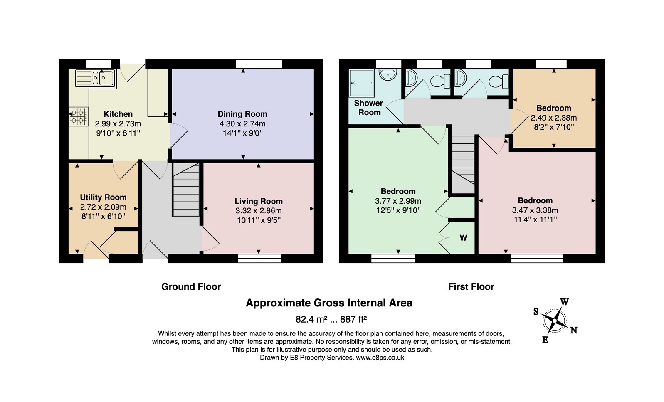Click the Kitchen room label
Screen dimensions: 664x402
click(118, 114)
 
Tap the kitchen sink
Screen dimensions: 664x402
click(96, 78)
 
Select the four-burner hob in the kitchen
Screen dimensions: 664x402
click(79, 116)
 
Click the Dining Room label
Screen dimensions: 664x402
click(242, 114)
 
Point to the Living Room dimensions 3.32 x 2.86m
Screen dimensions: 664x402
click(259, 211)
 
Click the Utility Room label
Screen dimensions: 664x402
click(103, 197)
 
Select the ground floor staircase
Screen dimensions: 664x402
click(186, 190)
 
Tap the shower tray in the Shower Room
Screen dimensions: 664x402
click(362, 83)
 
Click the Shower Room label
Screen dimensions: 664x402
click(369, 108)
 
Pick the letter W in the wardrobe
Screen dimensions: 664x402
click(463, 238)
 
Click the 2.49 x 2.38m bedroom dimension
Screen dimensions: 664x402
click(554, 118)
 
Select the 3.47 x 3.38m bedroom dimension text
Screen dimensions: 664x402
click(535, 210)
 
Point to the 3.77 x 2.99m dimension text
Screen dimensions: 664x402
click(398, 201)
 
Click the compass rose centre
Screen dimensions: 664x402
click(554, 321)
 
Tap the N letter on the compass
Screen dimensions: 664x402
click(574, 330)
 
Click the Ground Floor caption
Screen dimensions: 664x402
click(191, 287)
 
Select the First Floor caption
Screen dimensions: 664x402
click(471, 287)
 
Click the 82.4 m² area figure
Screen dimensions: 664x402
click(311, 319)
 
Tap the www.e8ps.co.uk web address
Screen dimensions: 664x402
click(380, 358)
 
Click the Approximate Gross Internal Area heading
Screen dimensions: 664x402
click(329, 303)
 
